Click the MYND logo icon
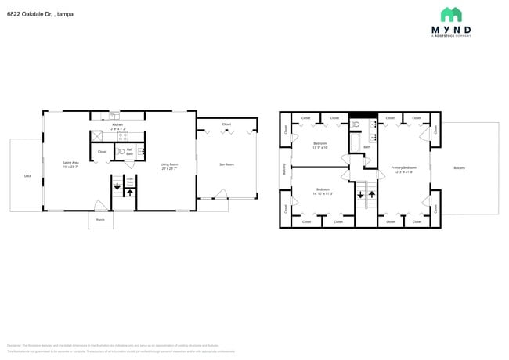coord(450,14)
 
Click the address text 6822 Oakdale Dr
coord(40,13)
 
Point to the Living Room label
coord(169,166)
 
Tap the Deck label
coord(27,176)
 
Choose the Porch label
coord(100,220)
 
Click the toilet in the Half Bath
coord(121,152)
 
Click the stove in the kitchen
coord(122,137)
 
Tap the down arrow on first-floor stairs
coord(117,187)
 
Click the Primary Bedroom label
coord(404,169)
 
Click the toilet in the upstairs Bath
coord(356,124)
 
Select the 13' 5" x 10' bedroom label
coord(320,146)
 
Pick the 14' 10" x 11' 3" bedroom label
coord(323,191)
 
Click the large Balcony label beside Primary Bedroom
coord(459,168)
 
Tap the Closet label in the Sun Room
coord(226,124)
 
